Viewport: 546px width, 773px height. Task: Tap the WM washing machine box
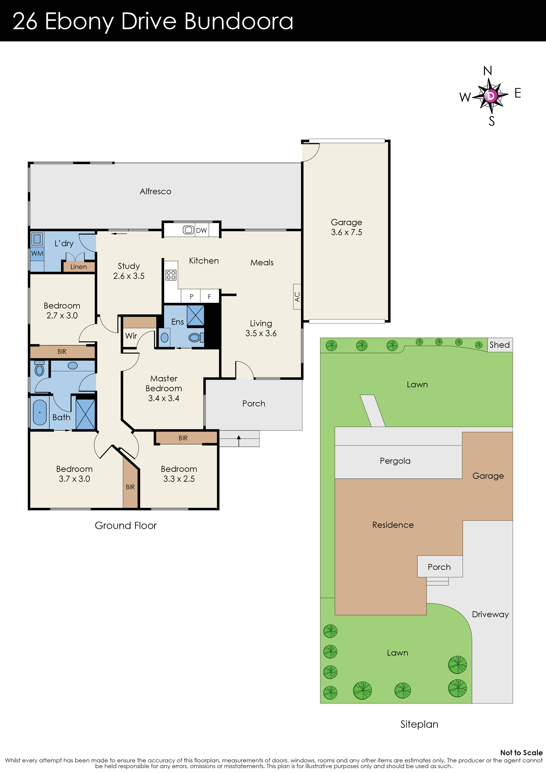click(x=37, y=253)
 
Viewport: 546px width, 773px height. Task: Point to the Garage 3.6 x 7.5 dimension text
click(x=346, y=232)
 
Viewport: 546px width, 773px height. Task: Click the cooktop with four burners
click(x=171, y=275)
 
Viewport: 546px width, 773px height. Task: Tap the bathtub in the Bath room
click(x=40, y=413)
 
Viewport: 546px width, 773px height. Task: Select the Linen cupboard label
click(x=78, y=267)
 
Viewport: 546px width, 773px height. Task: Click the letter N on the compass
click(x=488, y=71)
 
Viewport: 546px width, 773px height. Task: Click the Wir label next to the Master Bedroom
click(x=131, y=336)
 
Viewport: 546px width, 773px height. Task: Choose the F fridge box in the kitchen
click(x=209, y=296)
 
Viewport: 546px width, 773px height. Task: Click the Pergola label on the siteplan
click(x=395, y=461)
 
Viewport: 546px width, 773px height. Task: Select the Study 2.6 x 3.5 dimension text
click(x=129, y=276)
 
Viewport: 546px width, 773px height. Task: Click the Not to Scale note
click(x=521, y=753)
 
